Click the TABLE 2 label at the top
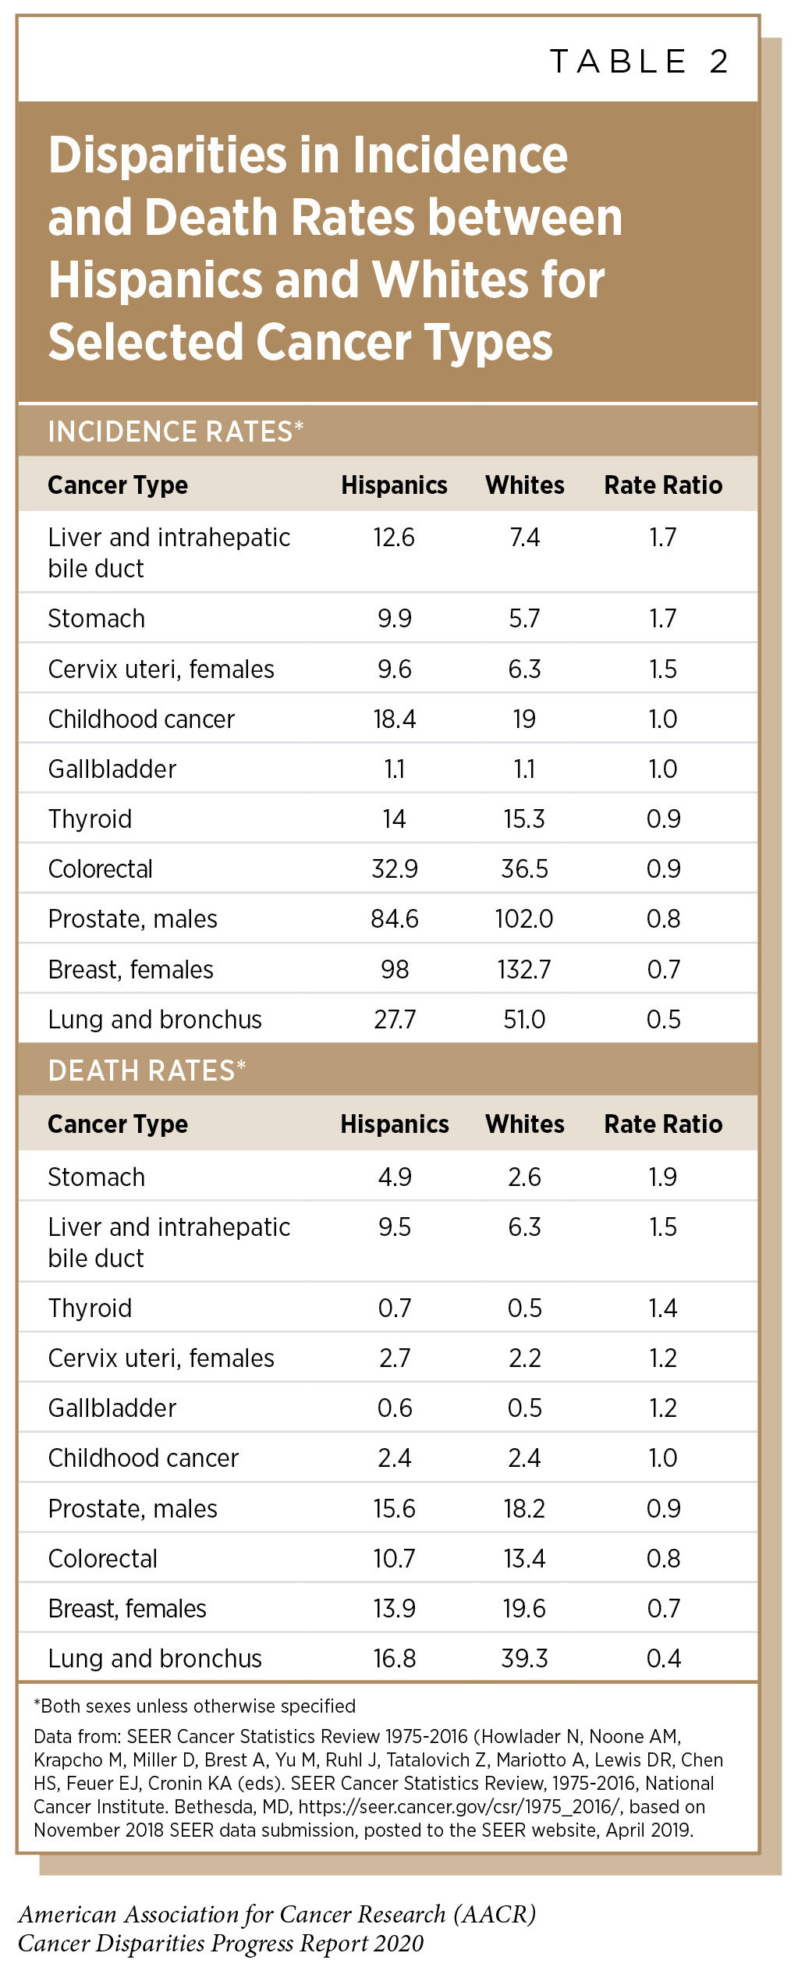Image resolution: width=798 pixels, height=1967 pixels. pos(639,62)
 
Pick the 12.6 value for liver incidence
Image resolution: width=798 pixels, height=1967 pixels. pos(394,538)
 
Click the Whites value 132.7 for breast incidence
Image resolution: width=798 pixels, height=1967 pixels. pos(524,969)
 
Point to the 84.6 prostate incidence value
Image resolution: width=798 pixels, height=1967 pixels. pos(394,919)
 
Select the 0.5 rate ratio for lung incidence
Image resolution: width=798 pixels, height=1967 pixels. pos(663,1019)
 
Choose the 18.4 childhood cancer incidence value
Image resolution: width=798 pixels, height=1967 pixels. pos(394,719)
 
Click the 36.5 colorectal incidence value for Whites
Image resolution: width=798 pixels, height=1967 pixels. pos(524,868)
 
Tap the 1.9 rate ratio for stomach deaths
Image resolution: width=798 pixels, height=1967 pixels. pos(663,1177)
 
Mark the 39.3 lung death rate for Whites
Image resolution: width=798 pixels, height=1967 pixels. pos(524,1658)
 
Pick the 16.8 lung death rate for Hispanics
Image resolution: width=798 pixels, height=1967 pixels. pos(394,1658)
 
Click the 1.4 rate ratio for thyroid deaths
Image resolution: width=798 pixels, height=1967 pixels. pos(663,1308)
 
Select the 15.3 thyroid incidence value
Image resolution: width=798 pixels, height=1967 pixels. pos(524,818)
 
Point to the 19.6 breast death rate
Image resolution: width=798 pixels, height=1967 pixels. pos(524,1608)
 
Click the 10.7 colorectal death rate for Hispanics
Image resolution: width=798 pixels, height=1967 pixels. pos(394,1558)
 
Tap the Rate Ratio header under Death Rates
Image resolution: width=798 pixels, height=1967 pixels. pos(663,1124)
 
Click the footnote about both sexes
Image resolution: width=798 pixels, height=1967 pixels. pos(194,1706)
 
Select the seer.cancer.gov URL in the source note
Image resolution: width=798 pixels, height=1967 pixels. pos(460,1806)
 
